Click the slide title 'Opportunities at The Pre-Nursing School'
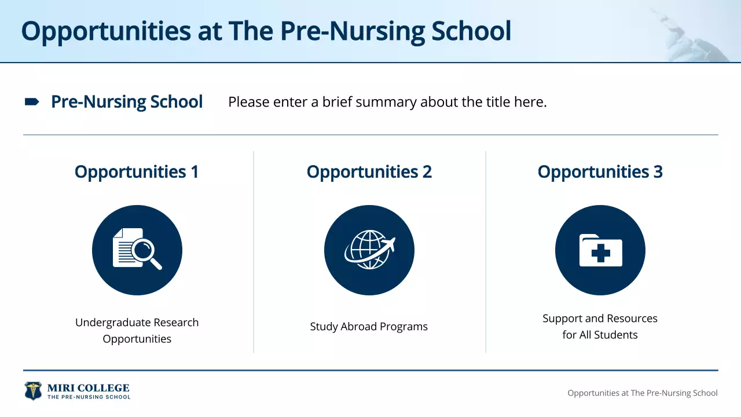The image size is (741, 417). tap(266, 31)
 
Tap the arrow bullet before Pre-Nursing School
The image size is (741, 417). tap(32, 102)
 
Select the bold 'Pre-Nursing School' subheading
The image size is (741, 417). tap(127, 102)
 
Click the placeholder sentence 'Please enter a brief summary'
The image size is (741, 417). tap(387, 103)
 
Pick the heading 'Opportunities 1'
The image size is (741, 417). tap(137, 172)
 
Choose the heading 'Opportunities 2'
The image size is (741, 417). tap(369, 172)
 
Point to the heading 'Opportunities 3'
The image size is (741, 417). tap(600, 172)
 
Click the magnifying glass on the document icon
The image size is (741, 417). tap(145, 253)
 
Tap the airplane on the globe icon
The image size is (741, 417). tap(386, 245)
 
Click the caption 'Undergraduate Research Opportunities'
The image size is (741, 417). tap(137, 330)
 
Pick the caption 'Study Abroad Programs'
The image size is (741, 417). tap(369, 327)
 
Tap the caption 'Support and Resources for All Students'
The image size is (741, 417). tap(600, 326)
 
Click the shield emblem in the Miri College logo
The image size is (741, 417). tap(33, 391)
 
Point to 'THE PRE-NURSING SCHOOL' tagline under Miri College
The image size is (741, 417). tap(89, 397)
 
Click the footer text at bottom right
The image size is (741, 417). tap(642, 393)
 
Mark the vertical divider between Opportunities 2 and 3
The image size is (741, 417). tap(486, 252)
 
